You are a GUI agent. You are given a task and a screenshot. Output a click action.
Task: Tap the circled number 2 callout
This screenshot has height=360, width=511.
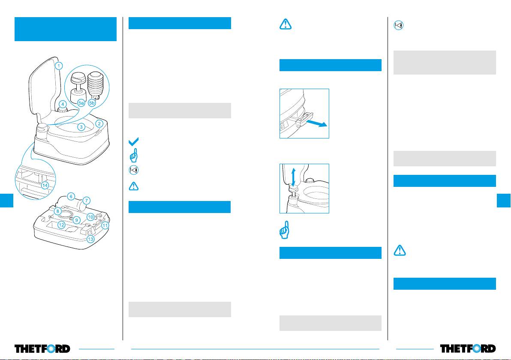pyautogui.click(x=99, y=124)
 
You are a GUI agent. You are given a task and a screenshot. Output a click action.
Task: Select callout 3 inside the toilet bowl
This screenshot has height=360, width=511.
pyautogui.click(x=81, y=127)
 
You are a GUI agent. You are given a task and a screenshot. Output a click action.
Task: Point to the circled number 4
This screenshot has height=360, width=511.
pyautogui.click(x=63, y=104)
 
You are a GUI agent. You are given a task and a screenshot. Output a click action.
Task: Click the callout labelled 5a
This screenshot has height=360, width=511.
pyautogui.click(x=81, y=103)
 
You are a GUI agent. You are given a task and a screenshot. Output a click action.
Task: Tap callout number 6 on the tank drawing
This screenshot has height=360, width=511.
pyautogui.click(x=72, y=196)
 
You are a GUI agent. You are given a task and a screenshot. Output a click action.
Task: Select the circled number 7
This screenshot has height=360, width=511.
pyautogui.click(x=87, y=200)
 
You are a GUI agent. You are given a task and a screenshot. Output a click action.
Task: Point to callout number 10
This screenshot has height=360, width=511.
pyautogui.click(x=90, y=217)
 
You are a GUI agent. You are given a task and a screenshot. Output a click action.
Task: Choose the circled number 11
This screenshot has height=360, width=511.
pyautogui.click(x=105, y=225)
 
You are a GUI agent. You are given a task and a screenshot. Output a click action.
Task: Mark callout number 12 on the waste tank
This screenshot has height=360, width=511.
pyautogui.click(x=62, y=225)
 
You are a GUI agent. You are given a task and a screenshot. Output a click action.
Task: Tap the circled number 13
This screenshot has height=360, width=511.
pyautogui.click(x=90, y=239)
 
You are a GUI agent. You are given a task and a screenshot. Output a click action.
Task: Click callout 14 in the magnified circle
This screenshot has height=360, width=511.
pyautogui.click(x=45, y=186)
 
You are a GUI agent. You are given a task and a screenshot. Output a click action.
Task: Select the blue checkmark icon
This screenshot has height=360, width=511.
pyautogui.click(x=133, y=141)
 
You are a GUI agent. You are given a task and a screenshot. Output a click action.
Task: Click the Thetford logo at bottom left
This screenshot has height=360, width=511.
pyautogui.click(x=42, y=348)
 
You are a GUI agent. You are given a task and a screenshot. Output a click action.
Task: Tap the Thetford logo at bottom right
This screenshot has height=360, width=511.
pyautogui.click(x=468, y=348)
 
